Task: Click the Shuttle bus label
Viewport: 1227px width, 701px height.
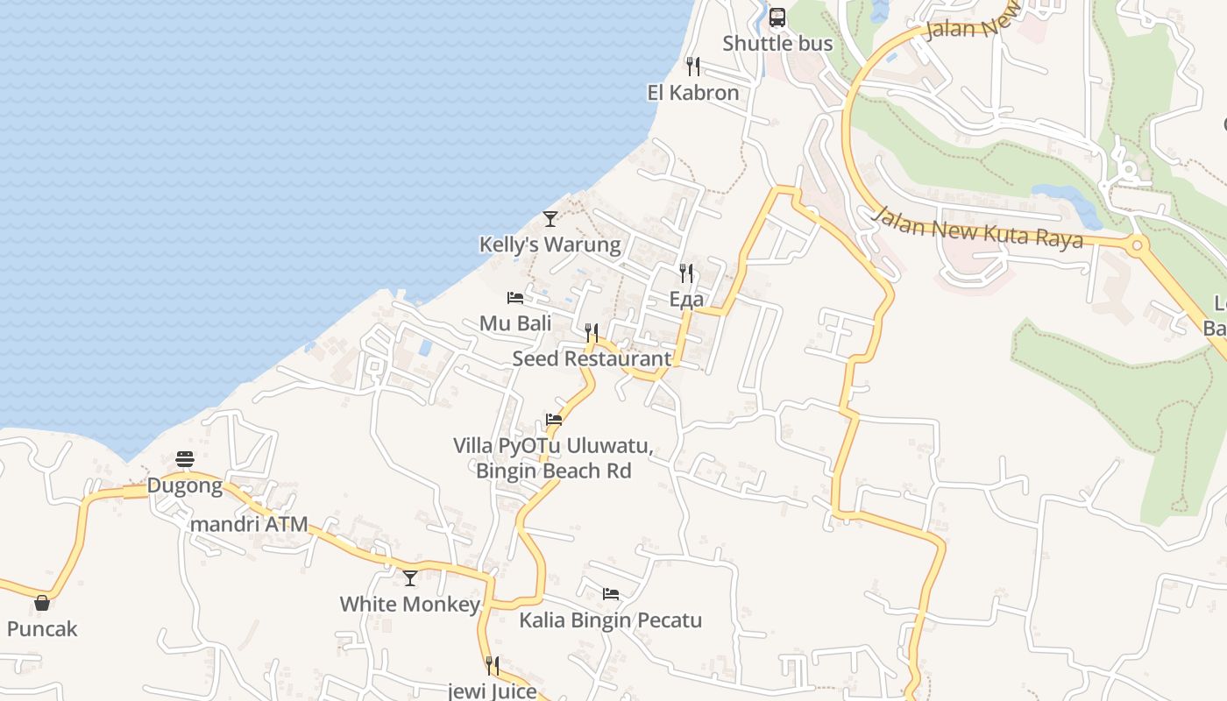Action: [777, 43]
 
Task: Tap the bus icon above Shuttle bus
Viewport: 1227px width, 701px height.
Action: [777, 18]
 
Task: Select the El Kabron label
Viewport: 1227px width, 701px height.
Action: [693, 92]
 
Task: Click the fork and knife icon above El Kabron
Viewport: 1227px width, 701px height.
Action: [693, 67]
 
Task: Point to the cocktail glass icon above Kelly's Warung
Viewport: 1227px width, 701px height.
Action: [550, 219]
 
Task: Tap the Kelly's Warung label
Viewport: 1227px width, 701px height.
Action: [550, 244]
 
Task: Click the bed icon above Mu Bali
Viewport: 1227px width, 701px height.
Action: [515, 298]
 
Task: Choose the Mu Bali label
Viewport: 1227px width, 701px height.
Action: [515, 323]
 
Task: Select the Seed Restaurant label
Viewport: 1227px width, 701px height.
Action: [592, 358]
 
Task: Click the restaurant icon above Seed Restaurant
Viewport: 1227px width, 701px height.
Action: [592, 333]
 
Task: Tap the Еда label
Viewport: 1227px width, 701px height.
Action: [686, 300]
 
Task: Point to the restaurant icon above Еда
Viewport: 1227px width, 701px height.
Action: [686, 273]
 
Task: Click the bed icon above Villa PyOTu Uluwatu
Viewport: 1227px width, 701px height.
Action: [554, 420]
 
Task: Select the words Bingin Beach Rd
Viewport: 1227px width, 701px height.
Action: [553, 471]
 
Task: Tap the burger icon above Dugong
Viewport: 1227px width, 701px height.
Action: [185, 459]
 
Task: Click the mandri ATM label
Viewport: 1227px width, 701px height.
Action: [250, 525]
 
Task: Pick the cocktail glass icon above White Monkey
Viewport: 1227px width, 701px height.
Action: [410, 578]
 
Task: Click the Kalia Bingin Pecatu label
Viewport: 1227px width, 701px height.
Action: [611, 620]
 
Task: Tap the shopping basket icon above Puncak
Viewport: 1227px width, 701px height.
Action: [42, 603]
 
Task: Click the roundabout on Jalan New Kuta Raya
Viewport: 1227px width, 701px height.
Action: [1137, 245]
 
